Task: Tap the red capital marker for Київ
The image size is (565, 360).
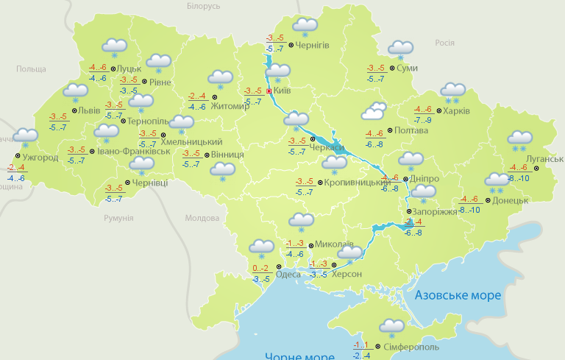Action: click(269, 91)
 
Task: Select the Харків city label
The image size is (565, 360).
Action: click(456, 112)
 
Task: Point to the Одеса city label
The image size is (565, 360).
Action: click(288, 275)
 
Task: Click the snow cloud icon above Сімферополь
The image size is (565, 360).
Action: click(391, 326)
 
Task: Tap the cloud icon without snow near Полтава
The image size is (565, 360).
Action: click(374, 112)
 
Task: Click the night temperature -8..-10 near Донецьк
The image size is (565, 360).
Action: click(469, 210)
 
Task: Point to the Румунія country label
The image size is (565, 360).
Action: click(118, 219)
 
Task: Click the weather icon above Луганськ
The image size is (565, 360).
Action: click(520, 139)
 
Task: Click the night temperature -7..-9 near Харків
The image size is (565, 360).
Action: click(422, 120)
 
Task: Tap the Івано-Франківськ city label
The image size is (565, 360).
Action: click(134, 152)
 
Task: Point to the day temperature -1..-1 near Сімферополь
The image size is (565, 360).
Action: click(360, 345)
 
